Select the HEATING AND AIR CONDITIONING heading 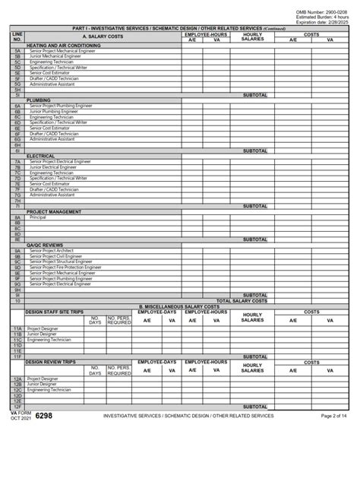click(x=64, y=46)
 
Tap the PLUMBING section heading click(x=39, y=100)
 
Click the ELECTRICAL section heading click(x=41, y=156)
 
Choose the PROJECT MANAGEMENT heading click(x=54, y=212)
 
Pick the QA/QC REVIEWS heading click(x=45, y=245)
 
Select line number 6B click(x=17, y=111)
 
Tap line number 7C click(x=17, y=173)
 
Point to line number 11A click(x=17, y=329)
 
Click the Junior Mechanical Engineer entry click(x=55, y=56)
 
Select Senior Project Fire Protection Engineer click(x=66, y=268)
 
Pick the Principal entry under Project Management click(x=38, y=217)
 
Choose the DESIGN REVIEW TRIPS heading click(x=51, y=363)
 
